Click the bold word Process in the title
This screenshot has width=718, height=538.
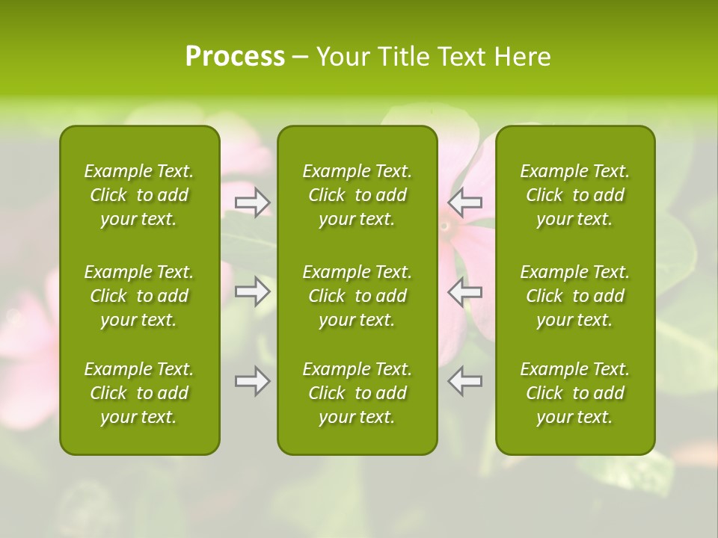point(235,57)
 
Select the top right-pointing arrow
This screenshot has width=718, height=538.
point(252,202)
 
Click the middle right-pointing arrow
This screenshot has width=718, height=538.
point(252,291)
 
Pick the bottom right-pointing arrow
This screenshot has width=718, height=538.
point(252,381)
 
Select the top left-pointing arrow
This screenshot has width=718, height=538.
point(465,202)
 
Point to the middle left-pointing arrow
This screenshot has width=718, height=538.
point(465,291)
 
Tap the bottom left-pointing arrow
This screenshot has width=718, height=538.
point(465,381)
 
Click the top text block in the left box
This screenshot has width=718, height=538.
point(139,195)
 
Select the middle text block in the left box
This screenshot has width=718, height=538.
point(139,296)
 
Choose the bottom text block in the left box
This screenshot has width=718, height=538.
point(139,393)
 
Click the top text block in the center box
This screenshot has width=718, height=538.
point(357,195)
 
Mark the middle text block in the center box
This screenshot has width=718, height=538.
point(357,296)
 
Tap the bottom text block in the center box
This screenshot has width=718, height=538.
point(357,393)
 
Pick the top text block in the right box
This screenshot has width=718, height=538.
point(574,195)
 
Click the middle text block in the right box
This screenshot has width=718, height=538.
point(574,296)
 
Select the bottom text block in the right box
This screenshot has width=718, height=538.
point(574,393)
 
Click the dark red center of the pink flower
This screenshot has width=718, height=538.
point(445,226)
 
